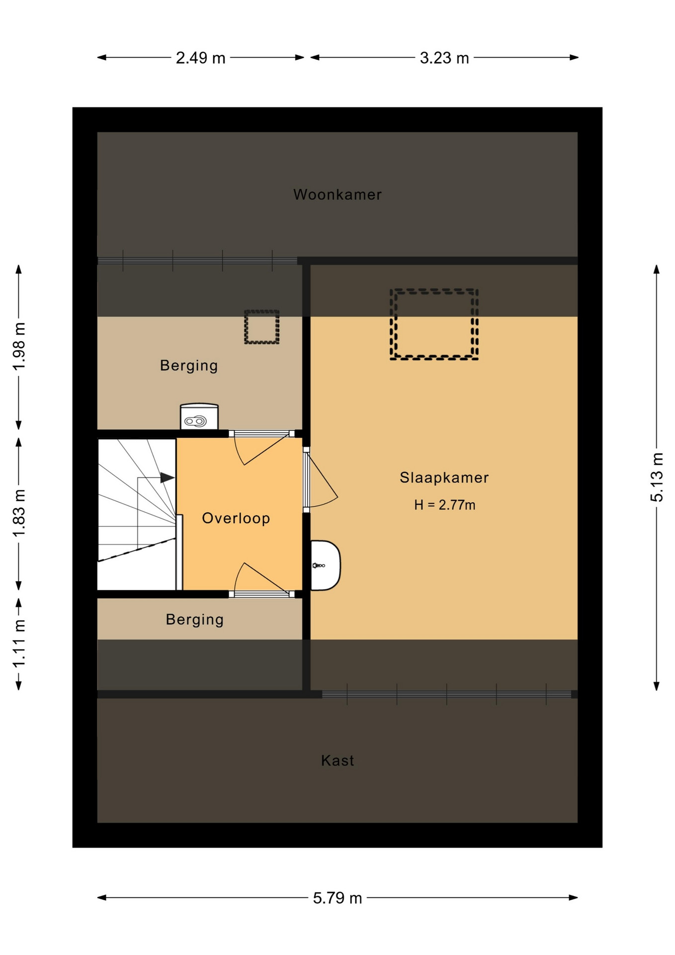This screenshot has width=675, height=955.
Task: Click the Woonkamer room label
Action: coord(337,194)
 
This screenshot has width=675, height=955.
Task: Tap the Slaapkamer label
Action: coord(444,478)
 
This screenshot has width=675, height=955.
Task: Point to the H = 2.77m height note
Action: coord(445,505)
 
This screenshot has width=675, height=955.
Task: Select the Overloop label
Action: coord(236,518)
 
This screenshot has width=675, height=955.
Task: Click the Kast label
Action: coord(337,761)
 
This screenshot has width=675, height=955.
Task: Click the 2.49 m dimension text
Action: coord(201,58)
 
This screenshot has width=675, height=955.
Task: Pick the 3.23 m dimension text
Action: coord(444,58)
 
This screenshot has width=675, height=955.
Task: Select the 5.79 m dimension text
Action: coord(337,898)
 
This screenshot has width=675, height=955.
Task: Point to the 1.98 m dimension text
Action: coord(19,346)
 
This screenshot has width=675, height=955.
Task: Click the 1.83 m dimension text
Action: coord(19,513)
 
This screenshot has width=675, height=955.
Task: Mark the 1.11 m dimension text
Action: coord(19,644)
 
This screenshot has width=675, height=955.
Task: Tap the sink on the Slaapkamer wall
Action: coord(326,566)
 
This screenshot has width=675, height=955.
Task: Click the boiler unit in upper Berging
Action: coord(199,416)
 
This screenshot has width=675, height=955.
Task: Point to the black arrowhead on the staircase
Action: coord(168,478)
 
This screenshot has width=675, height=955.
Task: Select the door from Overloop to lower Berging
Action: coord(261,580)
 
